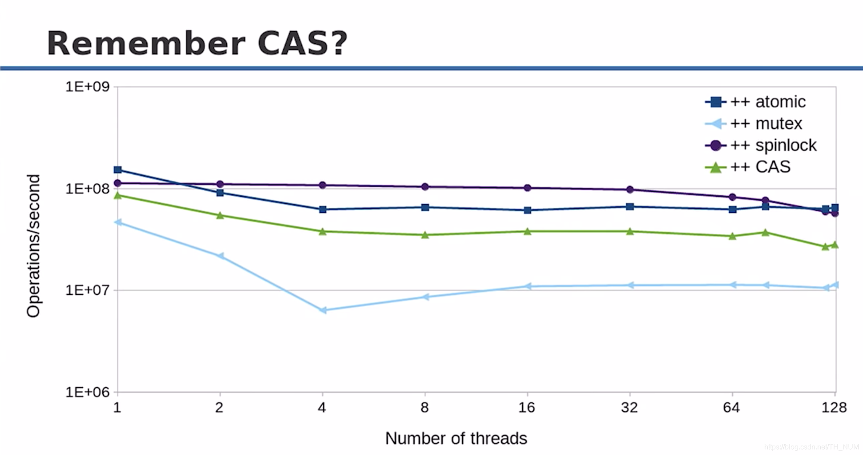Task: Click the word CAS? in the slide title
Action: tap(302, 43)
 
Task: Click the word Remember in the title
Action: tap(146, 43)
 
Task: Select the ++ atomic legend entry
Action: tap(755, 102)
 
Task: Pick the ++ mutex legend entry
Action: tap(754, 123)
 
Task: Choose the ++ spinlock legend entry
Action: tap(761, 145)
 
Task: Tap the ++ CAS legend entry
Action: tap(748, 167)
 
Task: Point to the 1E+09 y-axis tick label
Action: tap(88, 86)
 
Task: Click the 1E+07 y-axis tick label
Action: tap(88, 290)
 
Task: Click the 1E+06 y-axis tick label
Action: tap(88, 392)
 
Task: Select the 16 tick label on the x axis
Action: tap(527, 407)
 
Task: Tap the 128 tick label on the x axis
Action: tap(834, 407)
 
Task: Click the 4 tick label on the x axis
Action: tap(322, 407)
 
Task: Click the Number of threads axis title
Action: tap(456, 439)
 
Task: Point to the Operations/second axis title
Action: tap(33, 246)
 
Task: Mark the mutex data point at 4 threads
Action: tap(323, 310)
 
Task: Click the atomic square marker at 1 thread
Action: tap(118, 170)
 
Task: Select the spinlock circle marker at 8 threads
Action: tap(425, 187)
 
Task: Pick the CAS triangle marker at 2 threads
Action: tap(220, 215)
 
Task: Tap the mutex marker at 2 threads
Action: tap(220, 256)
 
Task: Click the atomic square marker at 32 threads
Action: tap(630, 207)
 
